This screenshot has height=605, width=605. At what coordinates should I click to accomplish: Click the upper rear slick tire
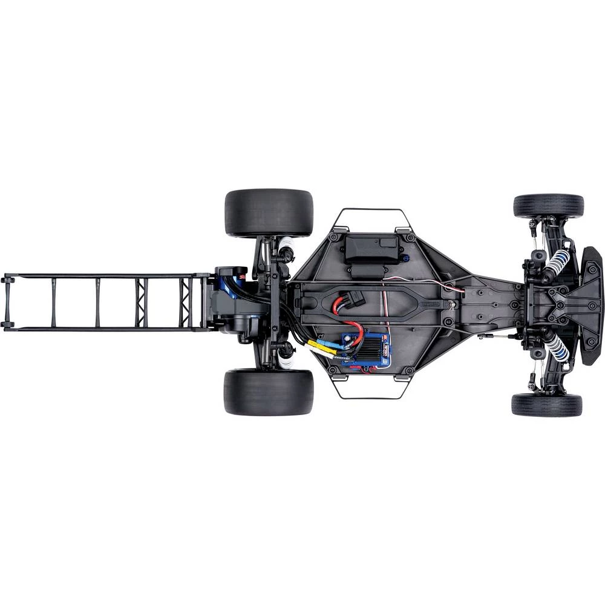(x=269, y=213)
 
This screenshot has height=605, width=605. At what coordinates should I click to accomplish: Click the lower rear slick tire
(x=268, y=392)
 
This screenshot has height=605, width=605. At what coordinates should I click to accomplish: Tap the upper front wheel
(x=548, y=206)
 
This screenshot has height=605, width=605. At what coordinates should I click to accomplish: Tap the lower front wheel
(x=546, y=405)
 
